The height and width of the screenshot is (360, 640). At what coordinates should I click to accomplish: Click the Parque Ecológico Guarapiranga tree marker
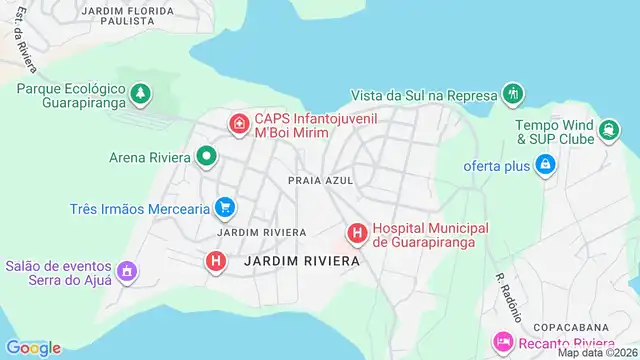[142, 94]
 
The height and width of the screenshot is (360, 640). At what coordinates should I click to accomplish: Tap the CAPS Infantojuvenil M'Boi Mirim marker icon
[240, 124]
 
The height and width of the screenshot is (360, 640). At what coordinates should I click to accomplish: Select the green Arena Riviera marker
[207, 156]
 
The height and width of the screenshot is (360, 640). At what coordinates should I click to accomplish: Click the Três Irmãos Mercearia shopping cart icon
[226, 208]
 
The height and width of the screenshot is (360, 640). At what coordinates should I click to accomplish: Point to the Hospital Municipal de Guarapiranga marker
[356, 234]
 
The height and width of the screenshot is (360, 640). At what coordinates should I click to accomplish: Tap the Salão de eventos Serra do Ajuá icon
[127, 271]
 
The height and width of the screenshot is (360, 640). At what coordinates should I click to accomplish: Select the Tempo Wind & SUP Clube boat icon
[607, 130]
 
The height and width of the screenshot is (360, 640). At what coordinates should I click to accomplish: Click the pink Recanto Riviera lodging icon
[503, 344]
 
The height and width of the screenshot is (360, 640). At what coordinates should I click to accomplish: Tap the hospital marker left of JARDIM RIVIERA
[215, 261]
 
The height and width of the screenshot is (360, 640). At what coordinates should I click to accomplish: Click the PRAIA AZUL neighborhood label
[315, 181]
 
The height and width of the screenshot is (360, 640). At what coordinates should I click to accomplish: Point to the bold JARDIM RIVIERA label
[301, 261]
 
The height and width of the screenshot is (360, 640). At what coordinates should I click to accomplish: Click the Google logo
[32, 347]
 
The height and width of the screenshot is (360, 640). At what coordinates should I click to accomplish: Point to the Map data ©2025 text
[597, 352]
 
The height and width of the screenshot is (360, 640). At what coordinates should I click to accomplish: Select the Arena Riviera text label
[150, 156]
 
